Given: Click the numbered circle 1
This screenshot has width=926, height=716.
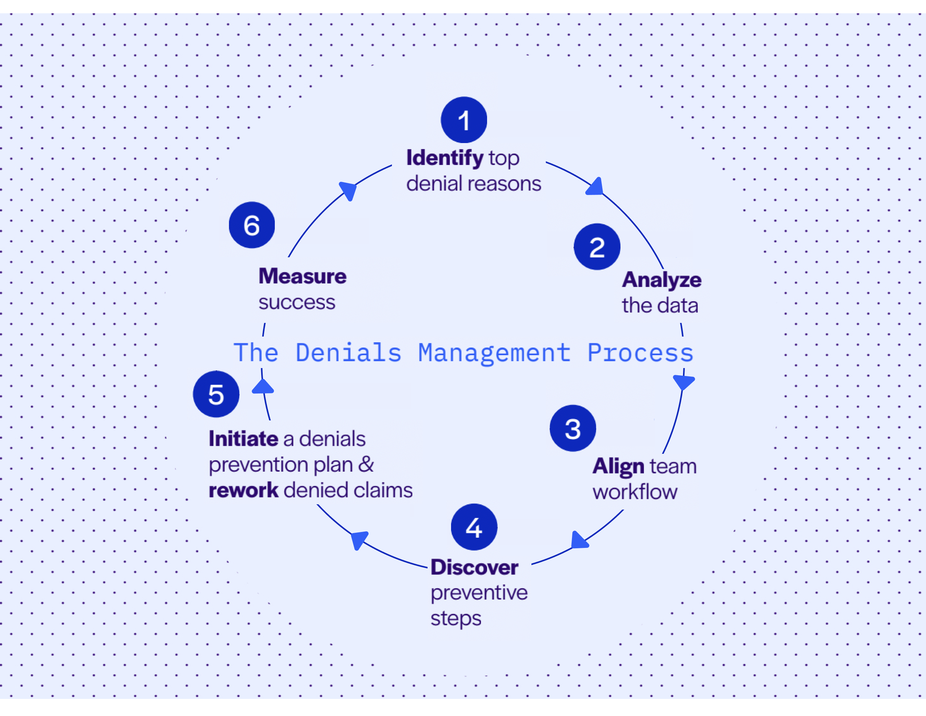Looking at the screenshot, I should [x=464, y=120].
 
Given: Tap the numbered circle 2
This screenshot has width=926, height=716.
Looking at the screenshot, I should [x=597, y=247].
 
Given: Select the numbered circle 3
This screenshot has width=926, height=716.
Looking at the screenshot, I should [x=572, y=428].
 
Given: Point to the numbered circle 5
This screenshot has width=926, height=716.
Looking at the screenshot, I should [x=216, y=394].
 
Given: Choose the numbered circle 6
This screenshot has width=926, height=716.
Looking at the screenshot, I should [x=251, y=225].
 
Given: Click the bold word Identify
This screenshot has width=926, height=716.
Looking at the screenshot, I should [x=444, y=158].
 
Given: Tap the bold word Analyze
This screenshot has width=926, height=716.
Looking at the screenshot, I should [x=661, y=280].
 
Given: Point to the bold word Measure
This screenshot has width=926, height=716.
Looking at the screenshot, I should [x=302, y=276].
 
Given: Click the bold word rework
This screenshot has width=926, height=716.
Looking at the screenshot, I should [x=243, y=490].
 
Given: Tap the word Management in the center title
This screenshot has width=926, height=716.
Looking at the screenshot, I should [x=494, y=353].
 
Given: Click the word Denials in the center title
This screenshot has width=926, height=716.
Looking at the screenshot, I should [x=348, y=353].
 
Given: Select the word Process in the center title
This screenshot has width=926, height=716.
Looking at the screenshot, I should [x=640, y=353].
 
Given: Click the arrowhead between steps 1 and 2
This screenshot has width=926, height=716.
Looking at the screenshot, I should [x=595, y=187].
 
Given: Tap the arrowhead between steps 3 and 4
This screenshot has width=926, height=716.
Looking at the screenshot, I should [x=579, y=540].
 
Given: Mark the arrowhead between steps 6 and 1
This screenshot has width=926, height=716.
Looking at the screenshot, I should [x=348, y=190].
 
